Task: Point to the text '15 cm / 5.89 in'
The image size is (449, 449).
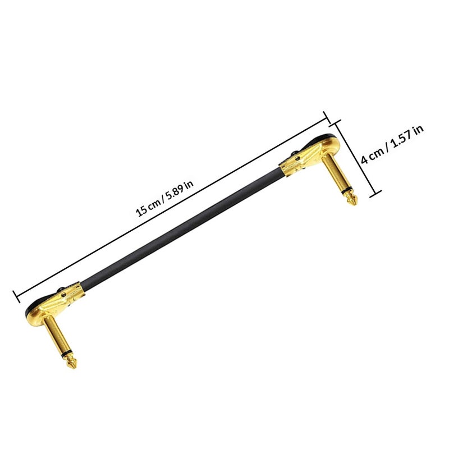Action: pyautogui.click(x=164, y=198)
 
